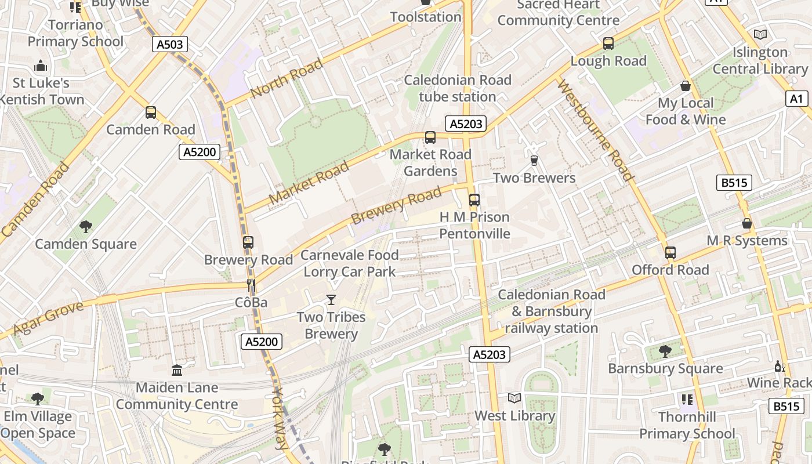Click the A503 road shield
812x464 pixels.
pyautogui.click(x=170, y=44)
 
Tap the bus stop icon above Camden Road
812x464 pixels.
pyautogui.click(x=151, y=113)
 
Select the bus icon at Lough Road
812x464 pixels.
pyautogui.click(x=608, y=43)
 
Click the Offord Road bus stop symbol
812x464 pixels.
pyautogui.click(x=670, y=253)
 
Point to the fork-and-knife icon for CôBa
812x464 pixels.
pyautogui.click(x=251, y=285)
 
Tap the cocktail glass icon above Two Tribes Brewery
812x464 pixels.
pyautogui.click(x=331, y=299)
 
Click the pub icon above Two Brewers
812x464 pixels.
pyautogui.click(x=534, y=160)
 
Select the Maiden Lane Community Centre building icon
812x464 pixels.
pyautogui.click(x=177, y=370)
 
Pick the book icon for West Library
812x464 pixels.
pyautogui.click(x=514, y=398)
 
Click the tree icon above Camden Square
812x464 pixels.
pyautogui.click(x=86, y=226)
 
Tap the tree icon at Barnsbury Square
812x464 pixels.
pyautogui.click(x=665, y=351)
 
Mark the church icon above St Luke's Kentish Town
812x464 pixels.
pyautogui.click(x=41, y=66)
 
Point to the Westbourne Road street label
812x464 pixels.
pyautogui.click(x=594, y=130)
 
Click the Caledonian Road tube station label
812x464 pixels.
pyautogui.click(x=458, y=88)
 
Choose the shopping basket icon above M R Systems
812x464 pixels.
pyautogui.click(x=747, y=223)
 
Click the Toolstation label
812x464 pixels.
pyautogui.click(x=426, y=17)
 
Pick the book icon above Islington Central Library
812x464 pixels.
pyautogui.click(x=760, y=35)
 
